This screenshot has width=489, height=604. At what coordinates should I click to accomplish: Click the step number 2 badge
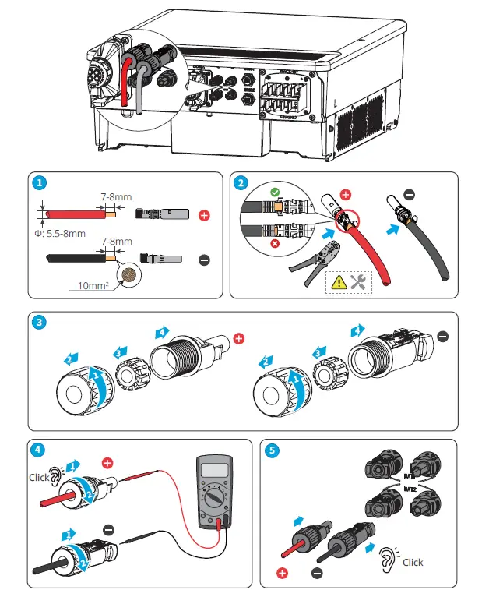click(241, 184)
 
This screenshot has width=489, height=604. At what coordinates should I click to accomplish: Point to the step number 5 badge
click(271, 449)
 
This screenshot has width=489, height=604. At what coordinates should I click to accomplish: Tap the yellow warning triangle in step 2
click(340, 282)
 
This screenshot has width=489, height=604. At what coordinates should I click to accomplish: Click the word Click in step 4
click(38, 476)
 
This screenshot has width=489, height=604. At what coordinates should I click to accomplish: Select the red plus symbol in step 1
click(205, 214)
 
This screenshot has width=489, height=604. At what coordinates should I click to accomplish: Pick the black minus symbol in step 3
click(443, 336)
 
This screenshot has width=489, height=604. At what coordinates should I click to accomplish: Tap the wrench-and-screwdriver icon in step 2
click(360, 282)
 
